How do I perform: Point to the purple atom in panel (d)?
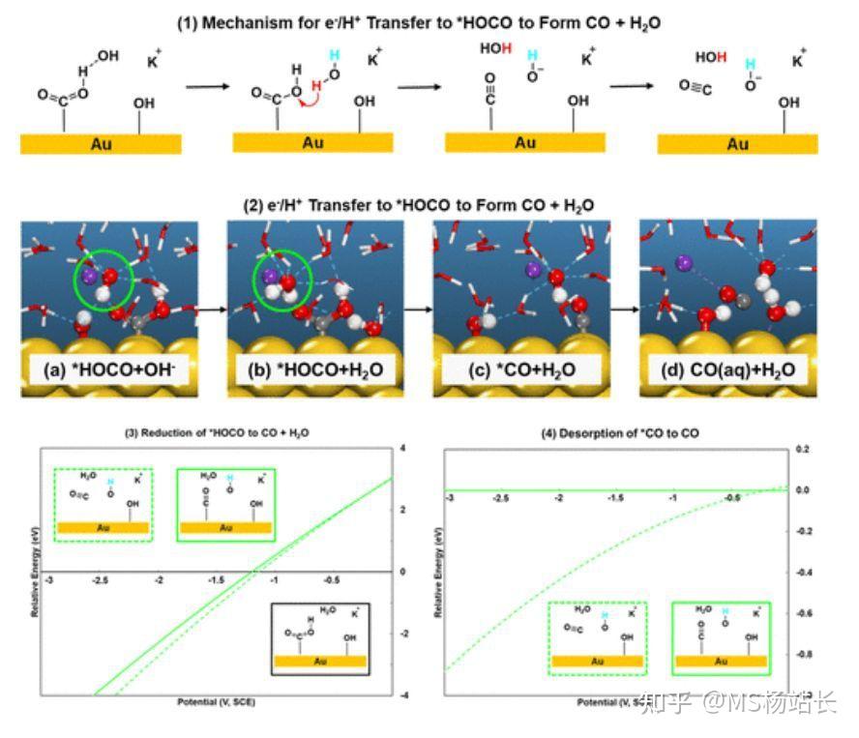683,260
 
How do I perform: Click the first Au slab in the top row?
101,143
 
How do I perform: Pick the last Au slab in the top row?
737,144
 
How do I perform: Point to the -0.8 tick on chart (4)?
803,655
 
